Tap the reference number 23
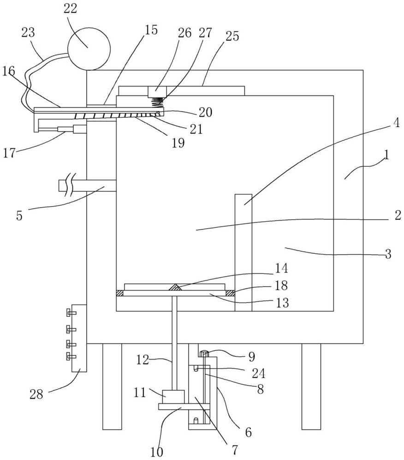tap(28, 33)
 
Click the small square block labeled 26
tap(157, 92)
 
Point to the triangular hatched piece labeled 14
tap(175, 287)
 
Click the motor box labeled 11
tap(173, 397)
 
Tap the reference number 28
tap(36, 394)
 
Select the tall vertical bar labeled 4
tap(244, 252)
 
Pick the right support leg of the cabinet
tap(311, 387)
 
